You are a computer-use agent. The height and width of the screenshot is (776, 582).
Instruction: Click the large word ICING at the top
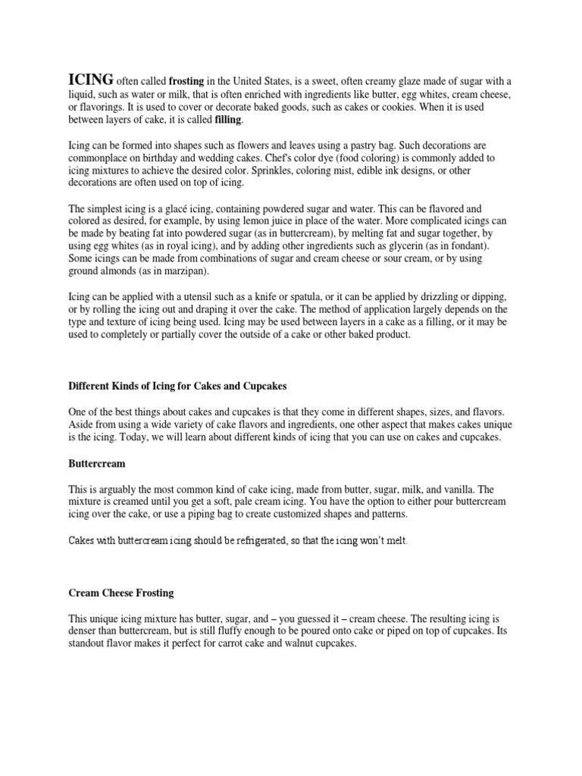92,80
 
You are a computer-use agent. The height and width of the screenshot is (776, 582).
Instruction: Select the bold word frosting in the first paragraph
186,82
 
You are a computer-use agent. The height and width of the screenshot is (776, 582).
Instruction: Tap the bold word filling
230,120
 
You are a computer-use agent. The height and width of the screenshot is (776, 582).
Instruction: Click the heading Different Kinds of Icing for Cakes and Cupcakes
177,386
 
